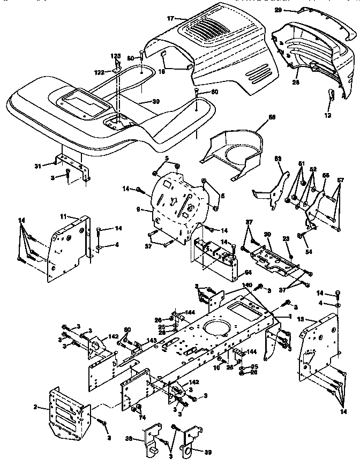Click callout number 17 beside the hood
click(x=171, y=18)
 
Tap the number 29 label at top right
click(x=292, y=10)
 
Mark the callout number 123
click(x=116, y=56)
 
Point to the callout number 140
click(x=247, y=286)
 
